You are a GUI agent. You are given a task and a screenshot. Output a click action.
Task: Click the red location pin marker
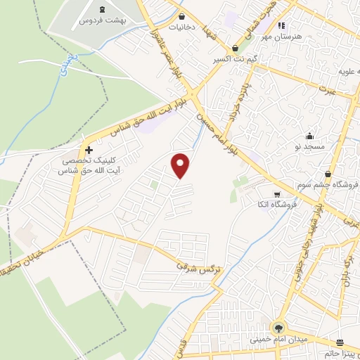tap(181, 165)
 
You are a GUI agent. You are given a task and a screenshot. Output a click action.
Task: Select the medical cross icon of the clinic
tap(89, 150)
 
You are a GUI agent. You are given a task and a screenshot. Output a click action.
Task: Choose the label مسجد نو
tap(309, 148)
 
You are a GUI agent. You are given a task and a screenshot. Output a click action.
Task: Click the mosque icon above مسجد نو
tap(309, 136)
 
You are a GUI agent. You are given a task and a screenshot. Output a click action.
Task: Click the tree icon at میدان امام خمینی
tap(278, 328)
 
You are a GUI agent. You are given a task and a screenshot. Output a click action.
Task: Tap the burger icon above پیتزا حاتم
tap(340, 343)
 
